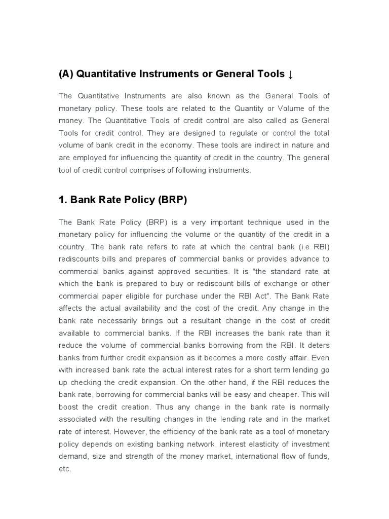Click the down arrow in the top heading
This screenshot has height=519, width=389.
(x=290, y=75)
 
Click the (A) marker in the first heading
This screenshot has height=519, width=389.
(x=67, y=75)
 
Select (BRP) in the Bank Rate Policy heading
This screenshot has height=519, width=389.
(x=172, y=200)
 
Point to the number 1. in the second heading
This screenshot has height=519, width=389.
(x=63, y=200)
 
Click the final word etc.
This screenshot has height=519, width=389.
(x=65, y=469)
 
